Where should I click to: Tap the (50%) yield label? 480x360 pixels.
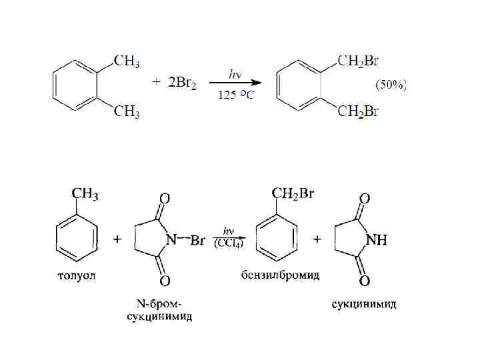click(391, 85)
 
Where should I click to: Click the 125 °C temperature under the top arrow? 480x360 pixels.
click(235, 95)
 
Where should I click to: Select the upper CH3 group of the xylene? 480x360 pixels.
click(127, 62)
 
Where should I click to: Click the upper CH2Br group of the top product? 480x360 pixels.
click(358, 62)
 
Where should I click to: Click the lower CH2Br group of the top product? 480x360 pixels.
click(358, 112)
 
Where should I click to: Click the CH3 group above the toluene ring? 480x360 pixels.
click(85, 195)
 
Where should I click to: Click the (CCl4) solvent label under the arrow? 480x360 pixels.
click(228, 245)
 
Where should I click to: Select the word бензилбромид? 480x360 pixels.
click(281, 275)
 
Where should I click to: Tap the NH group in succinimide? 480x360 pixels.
click(373, 241)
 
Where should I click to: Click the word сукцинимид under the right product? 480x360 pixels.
click(365, 304)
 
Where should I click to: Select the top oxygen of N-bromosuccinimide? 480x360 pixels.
click(164, 198)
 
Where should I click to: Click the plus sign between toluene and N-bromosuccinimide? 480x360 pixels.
click(117, 239)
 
